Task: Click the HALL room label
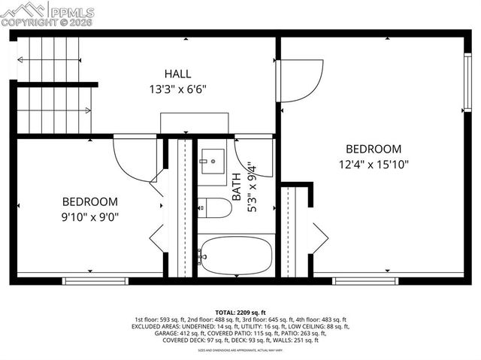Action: [x=178, y=74]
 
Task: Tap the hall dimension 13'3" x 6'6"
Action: [x=178, y=88]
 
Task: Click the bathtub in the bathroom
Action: [x=234, y=256]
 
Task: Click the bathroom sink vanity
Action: [x=211, y=161]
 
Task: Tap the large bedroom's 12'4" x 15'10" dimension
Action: [x=374, y=163]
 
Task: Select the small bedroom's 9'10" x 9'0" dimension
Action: [x=90, y=216]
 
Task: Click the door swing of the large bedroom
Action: [x=301, y=80]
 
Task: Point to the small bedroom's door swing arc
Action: [x=132, y=159]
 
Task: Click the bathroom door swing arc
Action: [x=253, y=156]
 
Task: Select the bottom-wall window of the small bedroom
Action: [x=85, y=281]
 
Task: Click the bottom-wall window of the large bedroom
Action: [x=355, y=281]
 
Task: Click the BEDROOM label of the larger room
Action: [x=374, y=149]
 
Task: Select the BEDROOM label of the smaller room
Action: [x=90, y=201]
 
